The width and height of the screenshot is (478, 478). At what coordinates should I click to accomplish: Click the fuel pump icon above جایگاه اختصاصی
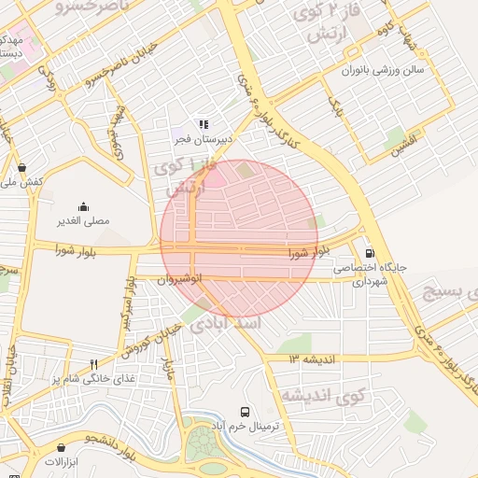point(370,252)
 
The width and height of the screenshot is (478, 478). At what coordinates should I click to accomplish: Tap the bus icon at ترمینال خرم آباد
point(245,412)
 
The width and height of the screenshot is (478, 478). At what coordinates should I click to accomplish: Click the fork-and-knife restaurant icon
point(93,364)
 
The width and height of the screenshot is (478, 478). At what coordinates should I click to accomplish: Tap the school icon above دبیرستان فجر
point(204,123)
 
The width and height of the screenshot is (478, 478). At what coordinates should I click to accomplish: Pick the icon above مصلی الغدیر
point(83,206)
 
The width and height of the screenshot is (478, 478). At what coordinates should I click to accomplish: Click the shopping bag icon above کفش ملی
point(21,168)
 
